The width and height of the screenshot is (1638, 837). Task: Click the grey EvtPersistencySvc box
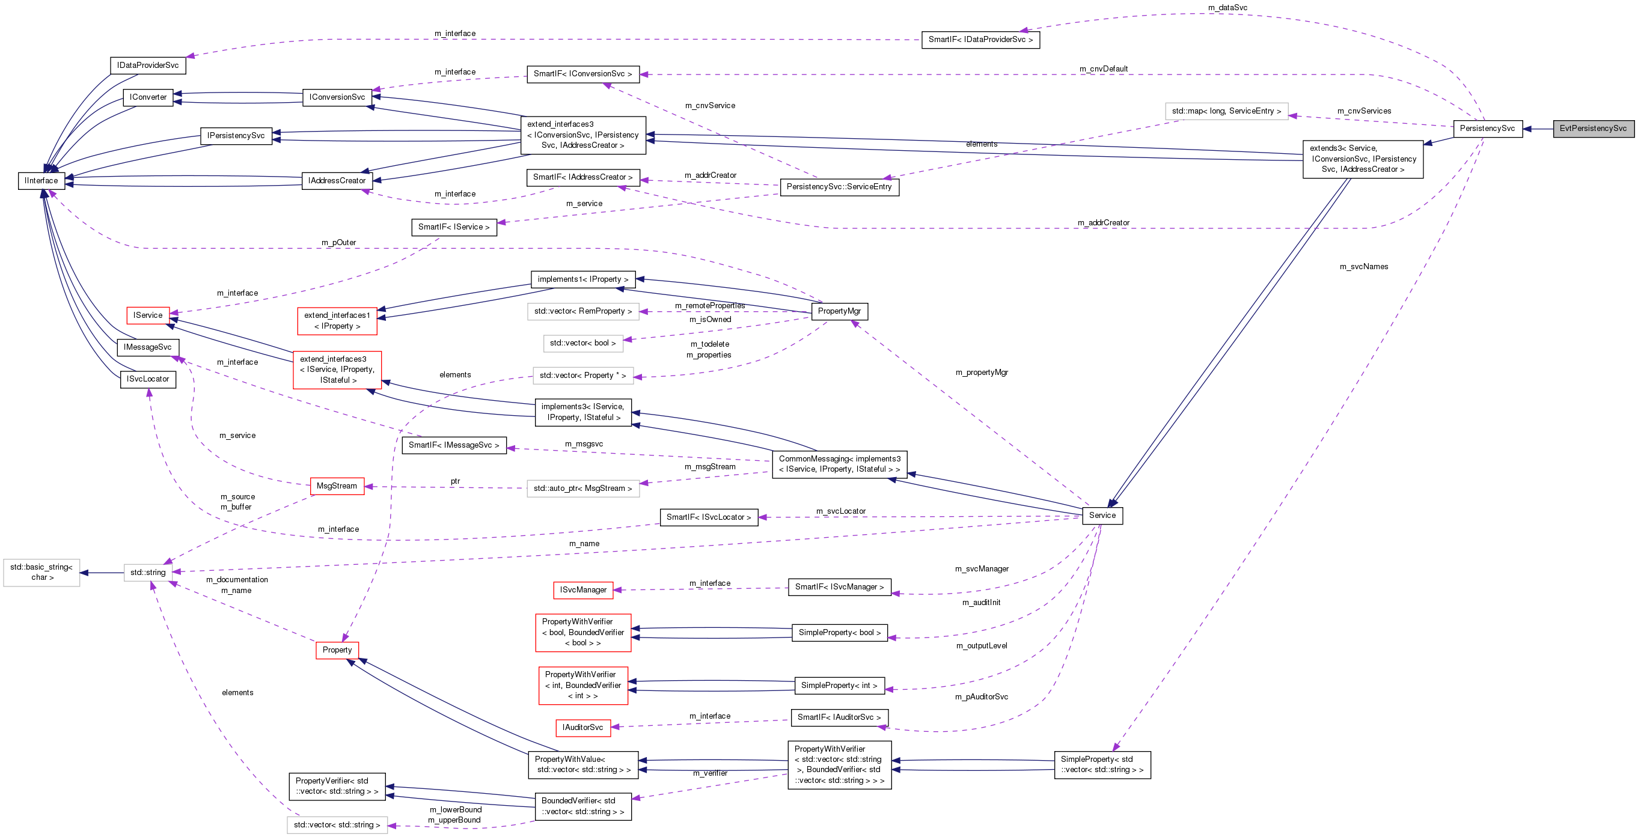tap(1593, 129)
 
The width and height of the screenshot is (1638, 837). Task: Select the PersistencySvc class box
tap(1487, 129)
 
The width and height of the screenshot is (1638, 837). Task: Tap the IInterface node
tap(41, 180)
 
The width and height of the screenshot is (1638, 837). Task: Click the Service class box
tap(1102, 516)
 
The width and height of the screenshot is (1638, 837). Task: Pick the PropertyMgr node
tap(839, 311)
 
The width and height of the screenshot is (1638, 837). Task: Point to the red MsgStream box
tap(337, 486)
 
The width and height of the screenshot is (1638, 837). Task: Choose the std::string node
tap(147, 573)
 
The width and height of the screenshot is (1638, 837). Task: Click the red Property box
tap(337, 650)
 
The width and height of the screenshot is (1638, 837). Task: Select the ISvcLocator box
tap(147, 379)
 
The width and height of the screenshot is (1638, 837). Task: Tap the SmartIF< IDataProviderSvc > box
tap(980, 40)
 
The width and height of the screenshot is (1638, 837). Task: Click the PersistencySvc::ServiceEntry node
tap(839, 187)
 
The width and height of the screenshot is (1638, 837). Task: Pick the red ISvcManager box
tap(583, 590)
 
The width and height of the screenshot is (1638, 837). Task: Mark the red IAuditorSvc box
tap(582, 728)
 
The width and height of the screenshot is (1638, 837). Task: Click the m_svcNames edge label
tap(1363, 267)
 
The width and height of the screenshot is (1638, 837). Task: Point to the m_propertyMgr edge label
tap(981, 373)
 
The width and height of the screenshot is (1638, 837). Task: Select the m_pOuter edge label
tap(338, 243)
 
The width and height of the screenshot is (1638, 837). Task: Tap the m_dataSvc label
tap(1227, 8)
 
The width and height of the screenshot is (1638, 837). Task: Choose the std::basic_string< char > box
tap(41, 572)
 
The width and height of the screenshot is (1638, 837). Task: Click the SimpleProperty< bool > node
tap(839, 632)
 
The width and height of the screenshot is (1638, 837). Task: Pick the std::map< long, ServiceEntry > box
tap(1226, 111)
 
